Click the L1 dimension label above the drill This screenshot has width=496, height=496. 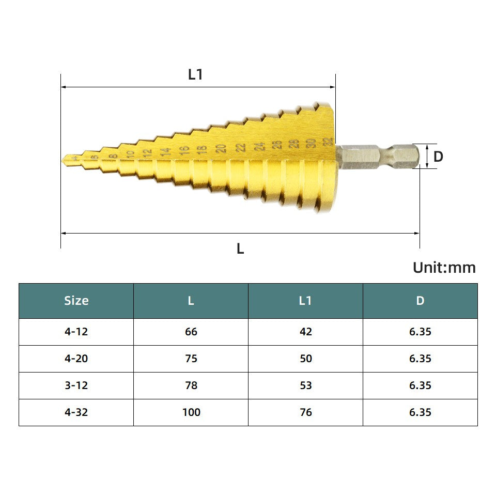click(195, 75)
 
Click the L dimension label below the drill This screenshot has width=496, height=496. click(240, 249)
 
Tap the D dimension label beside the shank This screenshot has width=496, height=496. click(438, 157)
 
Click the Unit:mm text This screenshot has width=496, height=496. click(444, 268)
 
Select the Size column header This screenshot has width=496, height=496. click(76, 301)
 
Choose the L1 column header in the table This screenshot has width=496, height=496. click(305, 301)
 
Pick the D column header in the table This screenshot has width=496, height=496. click(420, 301)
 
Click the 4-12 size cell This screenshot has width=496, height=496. click(76, 332)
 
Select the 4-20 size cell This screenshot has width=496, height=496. click(76, 359)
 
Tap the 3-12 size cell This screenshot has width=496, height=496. click(76, 385)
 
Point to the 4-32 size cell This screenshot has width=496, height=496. click(76, 412)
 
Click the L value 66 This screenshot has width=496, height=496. click(191, 332)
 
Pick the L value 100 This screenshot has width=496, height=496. click(191, 412)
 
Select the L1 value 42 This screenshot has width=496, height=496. click(306, 332)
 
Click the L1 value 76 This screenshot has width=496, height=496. click(306, 412)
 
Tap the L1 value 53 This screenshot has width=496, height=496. click(306, 385)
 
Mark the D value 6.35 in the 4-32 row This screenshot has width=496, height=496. click(420, 412)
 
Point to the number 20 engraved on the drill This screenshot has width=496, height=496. click(221, 148)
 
